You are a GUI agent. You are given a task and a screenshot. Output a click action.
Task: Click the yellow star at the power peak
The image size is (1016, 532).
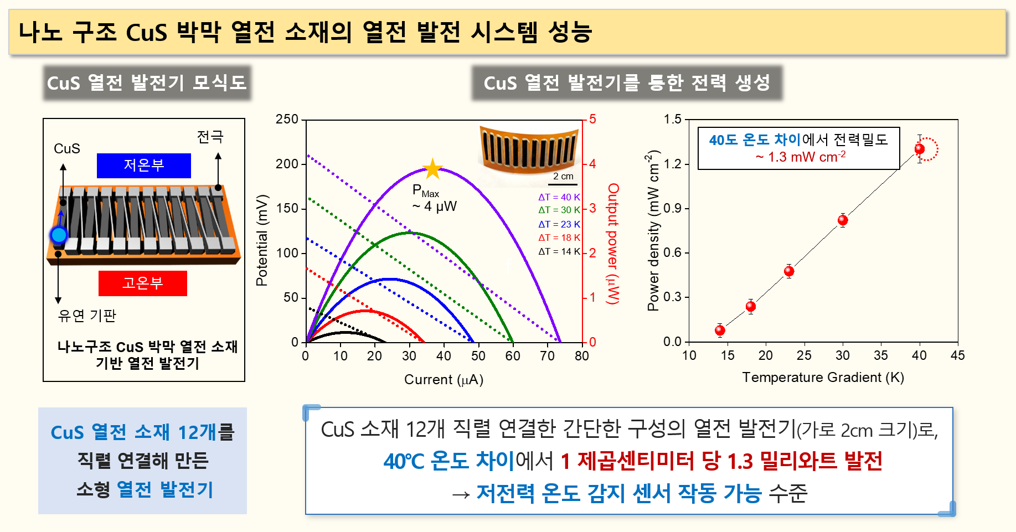point(432,169)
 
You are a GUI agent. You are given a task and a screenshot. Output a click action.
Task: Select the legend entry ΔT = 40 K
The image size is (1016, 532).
point(559,197)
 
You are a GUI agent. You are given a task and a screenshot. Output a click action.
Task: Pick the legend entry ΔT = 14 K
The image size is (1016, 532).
point(559,251)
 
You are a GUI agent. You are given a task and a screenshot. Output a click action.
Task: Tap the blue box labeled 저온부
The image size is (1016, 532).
point(144,166)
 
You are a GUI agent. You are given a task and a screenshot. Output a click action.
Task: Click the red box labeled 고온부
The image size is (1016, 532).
point(143,283)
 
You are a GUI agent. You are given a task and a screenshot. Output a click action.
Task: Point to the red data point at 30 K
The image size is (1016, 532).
point(842,220)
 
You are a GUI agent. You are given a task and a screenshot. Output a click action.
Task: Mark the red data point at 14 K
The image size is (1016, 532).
point(720,330)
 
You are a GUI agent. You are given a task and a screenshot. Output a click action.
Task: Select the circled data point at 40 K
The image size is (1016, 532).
point(920,149)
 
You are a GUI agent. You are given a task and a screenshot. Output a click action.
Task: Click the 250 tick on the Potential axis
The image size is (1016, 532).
point(287,120)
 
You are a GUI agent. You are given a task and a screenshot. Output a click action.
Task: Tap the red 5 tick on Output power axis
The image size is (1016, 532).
point(592,120)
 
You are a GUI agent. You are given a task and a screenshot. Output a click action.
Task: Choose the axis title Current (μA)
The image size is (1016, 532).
point(443,380)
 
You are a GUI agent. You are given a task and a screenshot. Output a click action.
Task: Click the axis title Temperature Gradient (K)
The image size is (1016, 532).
point(823,378)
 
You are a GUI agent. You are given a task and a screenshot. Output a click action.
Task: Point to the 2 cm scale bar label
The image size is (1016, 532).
point(563,177)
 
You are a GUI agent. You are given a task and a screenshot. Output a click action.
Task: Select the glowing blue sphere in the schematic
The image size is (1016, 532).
point(59,235)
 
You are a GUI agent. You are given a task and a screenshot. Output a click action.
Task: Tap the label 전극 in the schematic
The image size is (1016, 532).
point(210,137)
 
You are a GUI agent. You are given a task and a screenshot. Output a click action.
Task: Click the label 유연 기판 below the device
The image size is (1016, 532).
point(87,316)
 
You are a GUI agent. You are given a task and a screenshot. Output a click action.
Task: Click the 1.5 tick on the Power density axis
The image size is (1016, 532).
point(673,120)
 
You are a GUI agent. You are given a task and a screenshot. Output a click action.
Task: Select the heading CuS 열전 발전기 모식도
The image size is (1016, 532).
point(147,83)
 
